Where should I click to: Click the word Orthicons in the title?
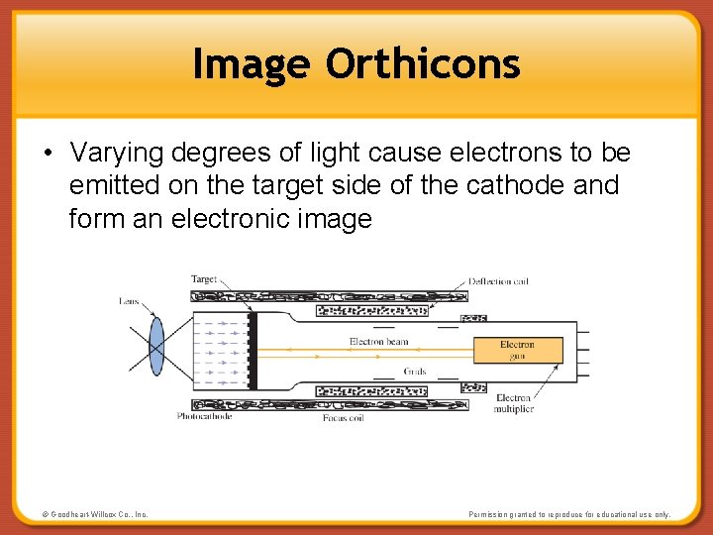point(423,64)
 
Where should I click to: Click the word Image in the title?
point(254,64)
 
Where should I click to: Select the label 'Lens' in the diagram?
point(129,301)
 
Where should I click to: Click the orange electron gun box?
point(517,350)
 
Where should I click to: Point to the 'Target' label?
point(204,279)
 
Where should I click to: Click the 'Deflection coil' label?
point(498,281)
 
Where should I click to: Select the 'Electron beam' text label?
point(378,342)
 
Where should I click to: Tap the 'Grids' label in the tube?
point(415,372)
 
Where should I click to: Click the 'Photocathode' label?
point(204,416)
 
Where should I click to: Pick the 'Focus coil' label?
point(344,418)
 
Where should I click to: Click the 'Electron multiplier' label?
point(514,403)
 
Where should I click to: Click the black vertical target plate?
point(253,350)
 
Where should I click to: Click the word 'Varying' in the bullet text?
point(117,154)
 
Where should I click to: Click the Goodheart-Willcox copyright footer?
point(95,514)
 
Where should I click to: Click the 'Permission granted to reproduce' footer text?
point(569,514)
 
